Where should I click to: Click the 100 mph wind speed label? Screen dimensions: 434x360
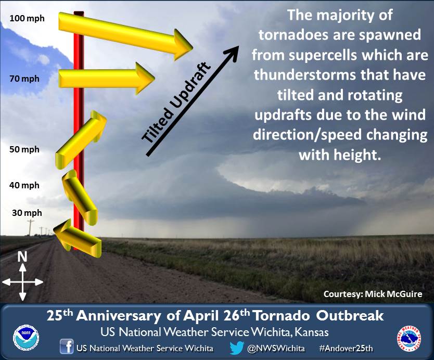(x=27, y=19)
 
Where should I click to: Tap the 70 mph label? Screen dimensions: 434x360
(x=24, y=79)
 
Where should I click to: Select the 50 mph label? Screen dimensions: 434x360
(x=24, y=150)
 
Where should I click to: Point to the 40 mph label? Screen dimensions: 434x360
(x=24, y=185)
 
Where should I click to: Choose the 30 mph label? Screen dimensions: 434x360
(x=27, y=213)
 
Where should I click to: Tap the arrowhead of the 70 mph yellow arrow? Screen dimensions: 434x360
(x=145, y=79)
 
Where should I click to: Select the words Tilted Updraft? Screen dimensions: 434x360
(x=176, y=102)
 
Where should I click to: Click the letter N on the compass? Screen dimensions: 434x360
(x=22, y=257)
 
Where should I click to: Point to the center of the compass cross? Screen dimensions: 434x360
(x=23, y=282)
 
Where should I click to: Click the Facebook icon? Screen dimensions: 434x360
(x=67, y=346)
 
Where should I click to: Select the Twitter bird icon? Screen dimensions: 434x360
(x=237, y=348)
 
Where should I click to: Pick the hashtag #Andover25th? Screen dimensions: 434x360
(x=346, y=348)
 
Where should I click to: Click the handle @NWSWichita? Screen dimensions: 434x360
(x=276, y=348)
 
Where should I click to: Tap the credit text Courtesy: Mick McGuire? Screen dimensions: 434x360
(x=373, y=294)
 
